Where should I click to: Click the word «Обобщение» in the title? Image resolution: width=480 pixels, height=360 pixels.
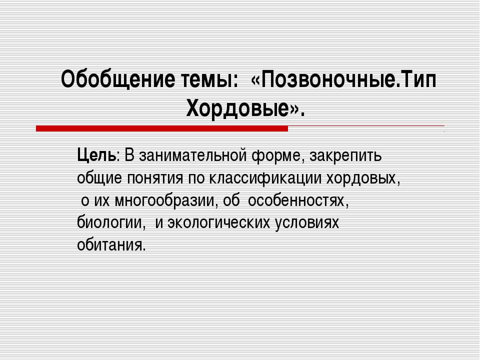click(x=118, y=79)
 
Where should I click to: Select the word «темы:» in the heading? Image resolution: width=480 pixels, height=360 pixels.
click(x=209, y=80)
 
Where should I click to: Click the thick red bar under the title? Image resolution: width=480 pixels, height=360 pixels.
click(x=162, y=128)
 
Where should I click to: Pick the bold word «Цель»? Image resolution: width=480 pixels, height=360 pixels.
click(x=96, y=155)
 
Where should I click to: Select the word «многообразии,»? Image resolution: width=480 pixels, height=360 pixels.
click(x=166, y=201)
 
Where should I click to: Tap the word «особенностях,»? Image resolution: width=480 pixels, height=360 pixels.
click(x=298, y=201)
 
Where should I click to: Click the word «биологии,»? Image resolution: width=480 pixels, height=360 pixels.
click(x=111, y=223)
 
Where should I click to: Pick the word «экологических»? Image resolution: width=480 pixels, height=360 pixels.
click(x=218, y=223)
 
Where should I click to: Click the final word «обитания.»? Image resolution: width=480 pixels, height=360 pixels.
click(x=111, y=245)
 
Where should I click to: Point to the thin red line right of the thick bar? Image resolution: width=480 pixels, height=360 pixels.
click(x=366, y=126)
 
